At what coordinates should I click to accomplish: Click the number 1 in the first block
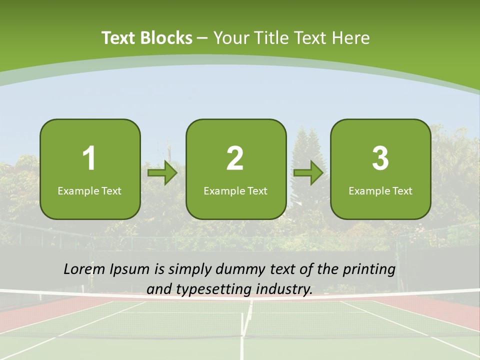click(89, 158)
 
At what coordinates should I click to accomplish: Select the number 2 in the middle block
click(235, 158)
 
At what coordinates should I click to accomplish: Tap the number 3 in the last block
click(380, 158)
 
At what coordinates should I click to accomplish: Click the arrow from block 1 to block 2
click(163, 173)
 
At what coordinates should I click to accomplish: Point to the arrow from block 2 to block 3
click(308, 173)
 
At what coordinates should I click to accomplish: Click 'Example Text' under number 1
click(89, 191)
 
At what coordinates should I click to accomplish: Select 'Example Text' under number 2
click(235, 191)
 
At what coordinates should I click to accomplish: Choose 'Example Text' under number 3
click(380, 191)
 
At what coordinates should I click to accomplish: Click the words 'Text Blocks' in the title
click(147, 38)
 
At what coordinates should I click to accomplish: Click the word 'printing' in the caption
click(369, 270)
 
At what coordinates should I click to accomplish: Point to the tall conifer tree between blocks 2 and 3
click(306, 145)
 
